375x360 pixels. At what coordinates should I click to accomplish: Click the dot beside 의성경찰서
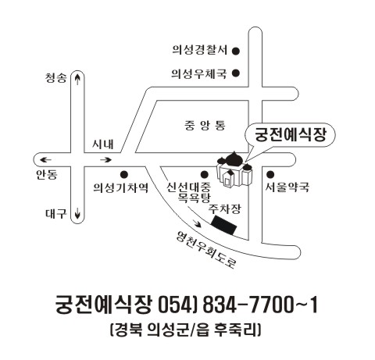coord(236,51)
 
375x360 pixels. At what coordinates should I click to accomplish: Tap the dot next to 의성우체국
coord(236,73)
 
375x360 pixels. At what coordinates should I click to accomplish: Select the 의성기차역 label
coord(121,187)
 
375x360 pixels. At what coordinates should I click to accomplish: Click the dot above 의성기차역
coord(124,174)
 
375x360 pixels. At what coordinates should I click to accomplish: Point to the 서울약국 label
coord(287,187)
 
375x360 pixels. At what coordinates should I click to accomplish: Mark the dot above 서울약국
coord(270,174)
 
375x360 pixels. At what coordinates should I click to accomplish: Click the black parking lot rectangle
coord(224,226)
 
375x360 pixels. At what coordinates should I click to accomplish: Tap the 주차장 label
coord(225,209)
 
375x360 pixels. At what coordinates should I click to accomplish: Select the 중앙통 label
coord(205,126)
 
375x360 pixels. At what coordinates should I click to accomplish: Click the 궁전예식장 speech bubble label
coord(291,135)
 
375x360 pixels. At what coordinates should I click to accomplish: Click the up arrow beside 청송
coord(77,79)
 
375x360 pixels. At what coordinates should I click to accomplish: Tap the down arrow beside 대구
coord(77,213)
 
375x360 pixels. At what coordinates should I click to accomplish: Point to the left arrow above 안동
coord(45,159)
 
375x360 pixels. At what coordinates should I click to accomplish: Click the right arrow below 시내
coord(106,159)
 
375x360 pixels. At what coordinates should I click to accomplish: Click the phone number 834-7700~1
coord(260,305)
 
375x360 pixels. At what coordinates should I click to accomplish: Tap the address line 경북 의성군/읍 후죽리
coord(185,330)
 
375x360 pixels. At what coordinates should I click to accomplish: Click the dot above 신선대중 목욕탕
coord(205,174)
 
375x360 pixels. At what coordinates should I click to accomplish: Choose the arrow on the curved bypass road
coord(197,223)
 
